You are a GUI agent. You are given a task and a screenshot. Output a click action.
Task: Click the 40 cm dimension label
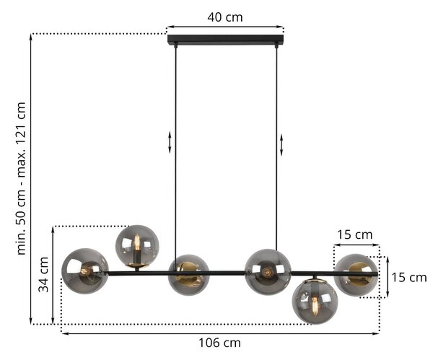225,17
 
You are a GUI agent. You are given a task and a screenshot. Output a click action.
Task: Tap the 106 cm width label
220,343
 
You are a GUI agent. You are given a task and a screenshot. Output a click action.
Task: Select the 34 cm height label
43,274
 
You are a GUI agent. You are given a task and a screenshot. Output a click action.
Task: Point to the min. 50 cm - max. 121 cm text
21,178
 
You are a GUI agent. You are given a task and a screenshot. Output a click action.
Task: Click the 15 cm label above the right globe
355,234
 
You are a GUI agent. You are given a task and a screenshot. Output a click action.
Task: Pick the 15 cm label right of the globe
409,277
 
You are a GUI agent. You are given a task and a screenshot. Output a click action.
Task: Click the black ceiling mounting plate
226,39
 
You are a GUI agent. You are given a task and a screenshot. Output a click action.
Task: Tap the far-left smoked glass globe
85,271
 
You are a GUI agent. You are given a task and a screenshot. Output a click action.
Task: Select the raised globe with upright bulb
137,247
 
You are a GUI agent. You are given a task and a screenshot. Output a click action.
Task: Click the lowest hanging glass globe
315,302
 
